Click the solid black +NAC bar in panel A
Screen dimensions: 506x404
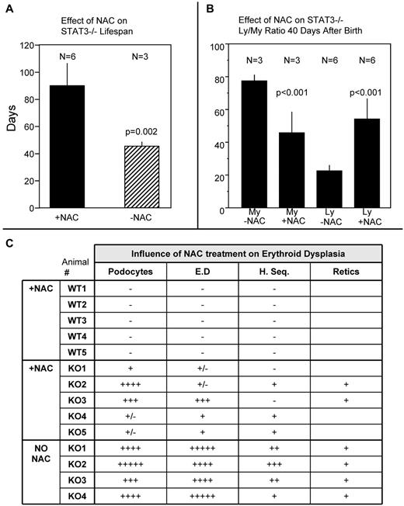67,147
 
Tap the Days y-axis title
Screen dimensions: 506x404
10,127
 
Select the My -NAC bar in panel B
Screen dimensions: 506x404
252,144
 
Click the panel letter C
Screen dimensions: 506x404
9,242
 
